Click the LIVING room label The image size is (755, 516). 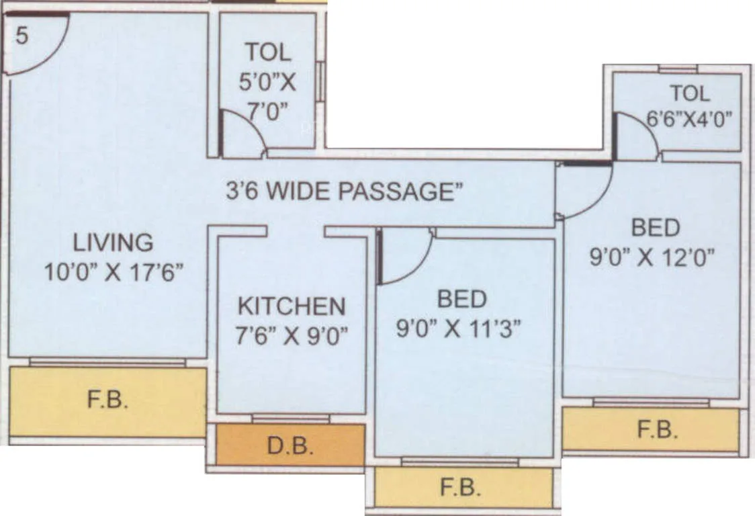(x=113, y=241)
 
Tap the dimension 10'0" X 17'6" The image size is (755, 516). (x=114, y=272)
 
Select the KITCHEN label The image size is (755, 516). (x=292, y=306)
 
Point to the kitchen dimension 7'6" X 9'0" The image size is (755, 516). (x=292, y=335)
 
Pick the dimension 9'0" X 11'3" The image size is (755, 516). (x=459, y=330)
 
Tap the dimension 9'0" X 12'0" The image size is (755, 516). (x=652, y=257)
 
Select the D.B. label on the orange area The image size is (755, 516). (x=290, y=445)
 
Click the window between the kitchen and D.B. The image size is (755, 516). (x=291, y=419)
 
